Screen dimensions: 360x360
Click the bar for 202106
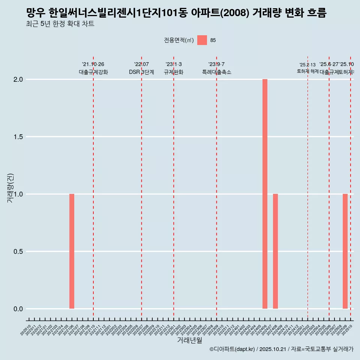[x=72, y=251]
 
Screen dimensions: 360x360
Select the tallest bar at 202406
[x=265, y=194]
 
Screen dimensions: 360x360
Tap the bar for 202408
[x=275, y=251]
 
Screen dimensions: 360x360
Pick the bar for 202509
[x=345, y=251]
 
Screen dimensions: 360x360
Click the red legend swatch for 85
[x=202, y=40]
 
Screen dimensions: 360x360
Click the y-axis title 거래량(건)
[x=10, y=188]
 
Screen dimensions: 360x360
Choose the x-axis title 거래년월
[x=189, y=340]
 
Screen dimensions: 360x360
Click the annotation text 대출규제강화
[x=93, y=72]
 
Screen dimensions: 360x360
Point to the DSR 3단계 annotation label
[x=141, y=72]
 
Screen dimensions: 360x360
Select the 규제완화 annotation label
[x=174, y=72]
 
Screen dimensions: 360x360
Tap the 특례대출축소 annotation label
[x=217, y=72]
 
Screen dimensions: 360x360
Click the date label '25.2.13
[x=307, y=65]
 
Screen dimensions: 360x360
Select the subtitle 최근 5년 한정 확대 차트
[x=60, y=24]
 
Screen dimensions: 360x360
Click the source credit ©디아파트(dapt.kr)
[x=232, y=349]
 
